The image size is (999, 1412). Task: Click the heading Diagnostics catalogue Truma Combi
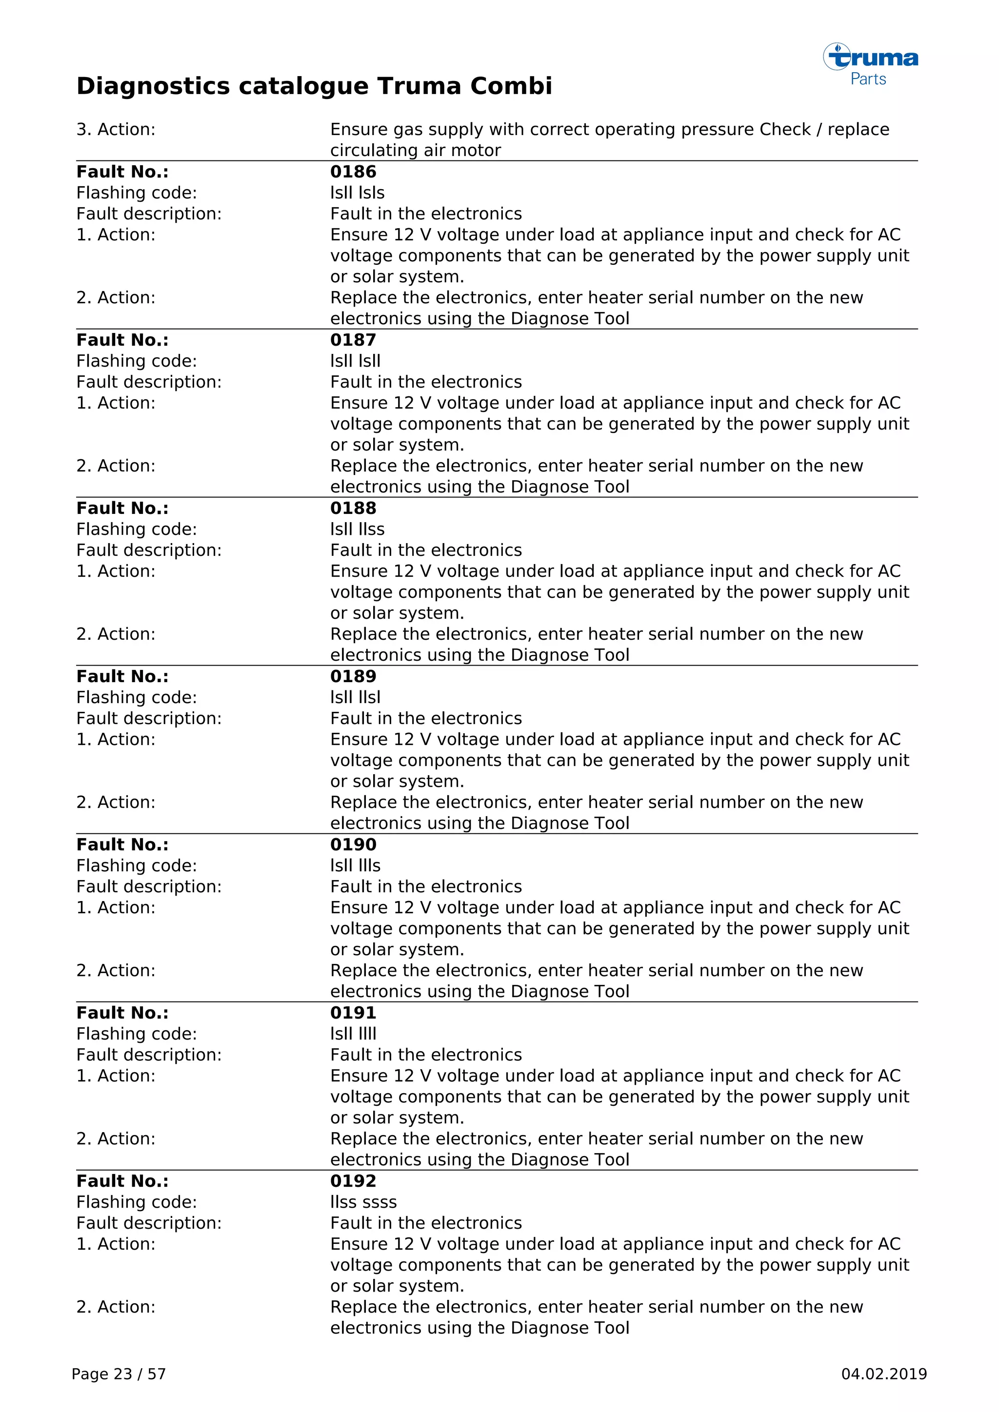(314, 86)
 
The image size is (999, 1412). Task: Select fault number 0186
(353, 172)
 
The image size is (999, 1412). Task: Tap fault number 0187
(353, 340)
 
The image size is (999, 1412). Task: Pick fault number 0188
(353, 508)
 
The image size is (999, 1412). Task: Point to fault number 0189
(353, 676)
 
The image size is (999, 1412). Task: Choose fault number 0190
(353, 844)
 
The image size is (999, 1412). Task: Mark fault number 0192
(353, 1181)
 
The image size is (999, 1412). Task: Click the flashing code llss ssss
(363, 1202)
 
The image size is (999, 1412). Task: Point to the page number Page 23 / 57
(119, 1374)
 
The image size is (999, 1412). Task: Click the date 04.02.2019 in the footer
(883, 1374)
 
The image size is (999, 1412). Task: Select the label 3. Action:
(116, 129)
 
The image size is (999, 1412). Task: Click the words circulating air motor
(415, 150)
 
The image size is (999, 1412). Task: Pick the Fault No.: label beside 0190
(122, 844)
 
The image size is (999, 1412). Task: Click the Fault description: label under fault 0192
(149, 1223)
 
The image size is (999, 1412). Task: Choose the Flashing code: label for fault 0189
(137, 697)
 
